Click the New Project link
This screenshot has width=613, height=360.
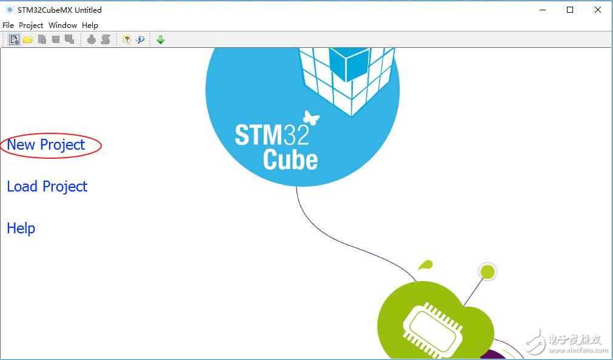coord(46,145)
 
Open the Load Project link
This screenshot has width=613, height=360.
coord(47,187)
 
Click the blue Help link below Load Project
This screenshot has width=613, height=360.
coord(21,228)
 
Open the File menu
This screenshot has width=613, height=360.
coord(8,25)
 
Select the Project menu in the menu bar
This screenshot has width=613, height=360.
coord(31,25)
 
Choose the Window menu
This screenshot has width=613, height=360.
coord(62,25)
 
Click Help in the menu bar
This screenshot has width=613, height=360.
coord(90,25)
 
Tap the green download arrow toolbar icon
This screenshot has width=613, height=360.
coord(160,39)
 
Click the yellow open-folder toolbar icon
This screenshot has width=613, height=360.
coord(28,39)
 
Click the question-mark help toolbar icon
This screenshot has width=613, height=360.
coord(126,39)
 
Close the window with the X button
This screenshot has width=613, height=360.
coord(598,10)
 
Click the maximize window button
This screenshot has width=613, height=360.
coord(570,10)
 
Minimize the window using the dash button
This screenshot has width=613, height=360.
coord(543,10)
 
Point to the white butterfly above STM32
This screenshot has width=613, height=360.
coord(311,118)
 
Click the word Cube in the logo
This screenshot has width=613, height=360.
coord(290,159)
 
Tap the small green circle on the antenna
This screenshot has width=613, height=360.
coord(487,272)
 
